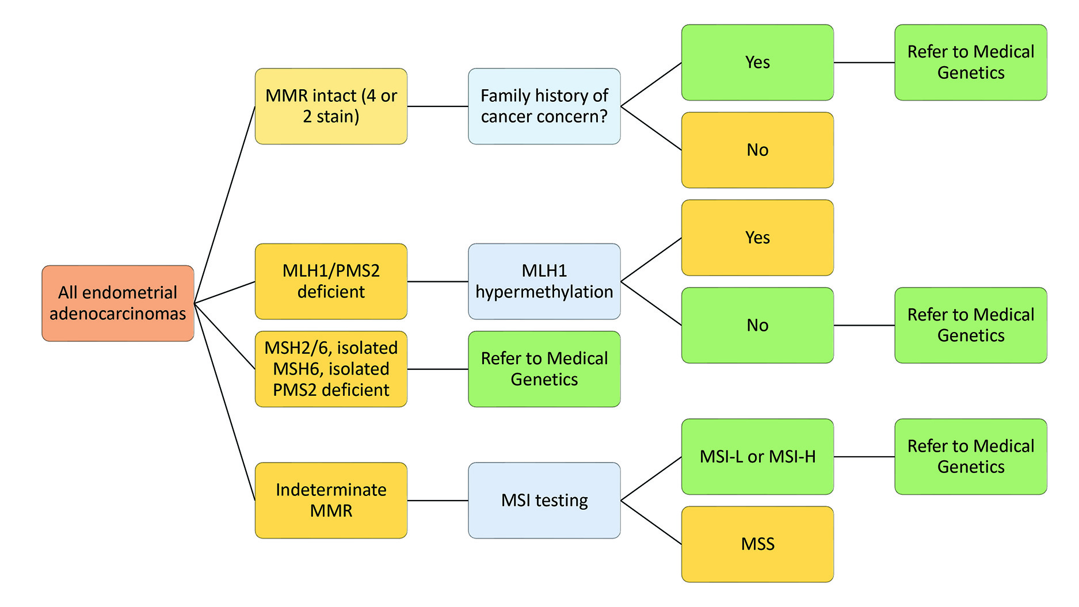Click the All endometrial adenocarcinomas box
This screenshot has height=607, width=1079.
pyautogui.click(x=117, y=303)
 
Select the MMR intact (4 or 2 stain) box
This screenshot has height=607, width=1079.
pyautogui.click(x=331, y=106)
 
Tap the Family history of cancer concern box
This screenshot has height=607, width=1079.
pyautogui.click(x=544, y=106)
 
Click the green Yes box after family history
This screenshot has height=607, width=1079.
pyautogui.click(x=757, y=62)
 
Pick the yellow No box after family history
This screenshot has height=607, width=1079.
pyautogui.click(x=757, y=150)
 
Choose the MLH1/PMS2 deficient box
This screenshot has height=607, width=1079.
pyautogui.click(x=331, y=281)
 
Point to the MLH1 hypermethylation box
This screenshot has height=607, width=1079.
pyautogui.click(x=544, y=281)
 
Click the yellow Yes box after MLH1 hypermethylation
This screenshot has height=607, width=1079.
pyautogui.click(x=757, y=238)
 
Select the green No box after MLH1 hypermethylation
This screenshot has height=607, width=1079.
pyautogui.click(x=757, y=325)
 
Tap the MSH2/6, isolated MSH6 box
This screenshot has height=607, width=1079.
pyautogui.click(x=331, y=369)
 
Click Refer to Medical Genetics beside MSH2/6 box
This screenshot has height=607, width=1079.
pyautogui.click(x=544, y=369)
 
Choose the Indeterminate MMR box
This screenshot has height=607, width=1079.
pyautogui.click(x=331, y=501)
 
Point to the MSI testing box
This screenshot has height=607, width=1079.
pyautogui.click(x=544, y=501)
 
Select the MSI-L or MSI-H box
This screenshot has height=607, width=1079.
pyautogui.click(x=757, y=457)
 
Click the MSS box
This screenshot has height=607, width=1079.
pyautogui.click(x=757, y=544)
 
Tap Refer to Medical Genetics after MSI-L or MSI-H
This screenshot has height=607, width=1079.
pyautogui.click(x=970, y=457)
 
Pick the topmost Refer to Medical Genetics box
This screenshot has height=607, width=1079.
pyautogui.click(x=970, y=62)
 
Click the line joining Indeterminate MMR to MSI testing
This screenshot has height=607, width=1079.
pyautogui.click(x=437, y=501)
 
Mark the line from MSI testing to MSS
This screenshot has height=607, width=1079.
pyautogui.click(x=651, y=522)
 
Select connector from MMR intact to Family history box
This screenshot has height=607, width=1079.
pyautogui.click(x=437, y=106)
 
